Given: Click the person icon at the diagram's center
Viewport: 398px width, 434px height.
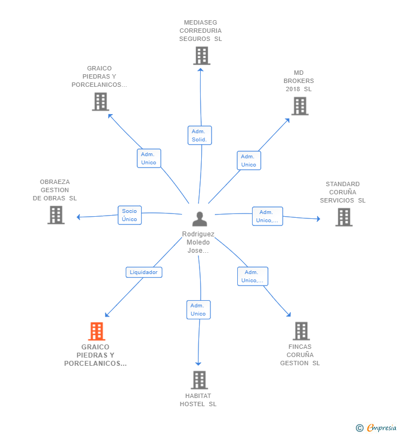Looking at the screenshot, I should click(x=200, y=219).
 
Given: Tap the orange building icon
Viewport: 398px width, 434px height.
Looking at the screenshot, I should click(x=96, y=331).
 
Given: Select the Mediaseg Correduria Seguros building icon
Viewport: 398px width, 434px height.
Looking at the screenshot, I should click(x=201, y=55).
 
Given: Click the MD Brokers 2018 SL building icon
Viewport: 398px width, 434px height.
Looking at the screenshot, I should click(x=300, y=106).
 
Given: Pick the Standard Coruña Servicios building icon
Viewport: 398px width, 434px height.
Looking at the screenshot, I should click(x=343, y=217).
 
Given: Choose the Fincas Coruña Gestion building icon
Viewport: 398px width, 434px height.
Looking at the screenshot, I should click(x=301, y=331).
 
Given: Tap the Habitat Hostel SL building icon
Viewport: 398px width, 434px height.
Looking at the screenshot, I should click(x=199, y=380).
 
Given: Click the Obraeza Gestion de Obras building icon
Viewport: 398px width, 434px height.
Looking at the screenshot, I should click(x=56, y=215).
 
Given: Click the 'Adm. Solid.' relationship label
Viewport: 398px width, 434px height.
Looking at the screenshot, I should click(x=199, y=135).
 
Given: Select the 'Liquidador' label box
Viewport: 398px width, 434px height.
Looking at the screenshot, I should click(x=144, y=272).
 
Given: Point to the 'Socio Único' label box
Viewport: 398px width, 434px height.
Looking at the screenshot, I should click(x=130, y=215).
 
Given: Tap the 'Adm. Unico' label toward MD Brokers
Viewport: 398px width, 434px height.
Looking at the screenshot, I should click(x=248, y=160).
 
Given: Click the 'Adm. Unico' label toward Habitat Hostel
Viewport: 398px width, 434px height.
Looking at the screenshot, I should click(x=198, y=310).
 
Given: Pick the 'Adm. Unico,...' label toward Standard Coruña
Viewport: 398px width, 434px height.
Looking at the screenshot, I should click(x=267, y=216).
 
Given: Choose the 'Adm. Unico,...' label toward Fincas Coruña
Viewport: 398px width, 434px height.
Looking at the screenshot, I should click(x=252, y=276).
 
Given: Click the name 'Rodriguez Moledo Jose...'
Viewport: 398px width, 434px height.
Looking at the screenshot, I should click(x=198, y=242).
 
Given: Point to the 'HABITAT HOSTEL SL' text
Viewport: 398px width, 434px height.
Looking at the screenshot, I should click(x=198, y=400).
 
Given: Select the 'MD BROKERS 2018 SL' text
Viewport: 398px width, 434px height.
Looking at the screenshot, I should click(x=298, y=81).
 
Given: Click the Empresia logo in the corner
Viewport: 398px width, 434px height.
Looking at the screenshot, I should click(x=377, y=427).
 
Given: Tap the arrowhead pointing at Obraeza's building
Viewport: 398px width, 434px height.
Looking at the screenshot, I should click(x=79, y=217).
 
